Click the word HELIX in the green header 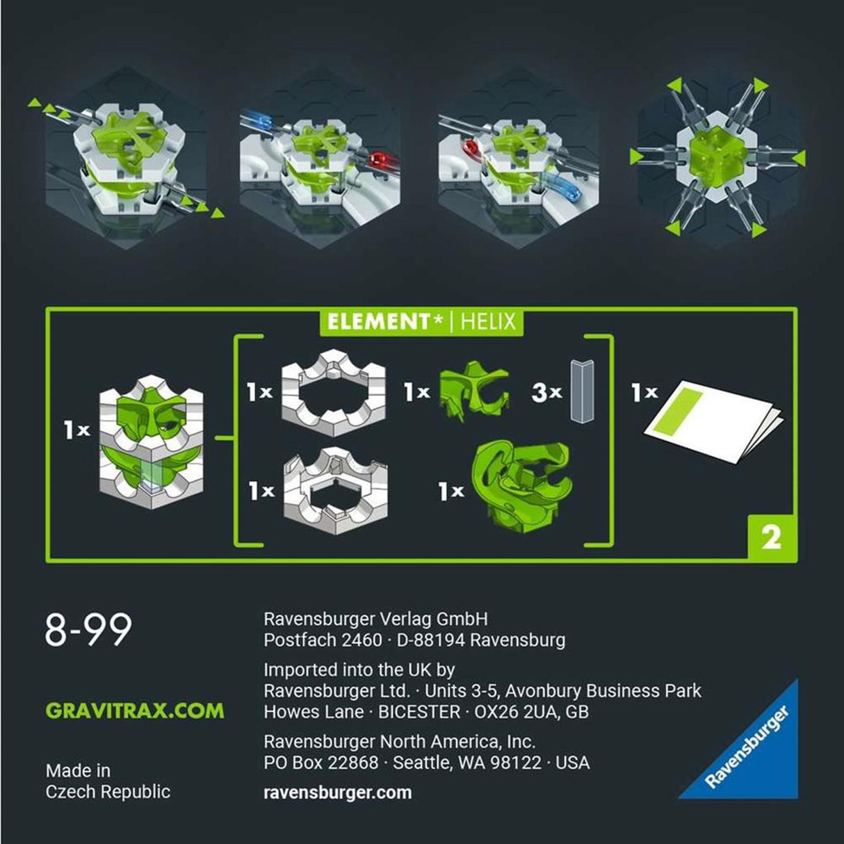(489, 322)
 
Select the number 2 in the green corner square (771, 537)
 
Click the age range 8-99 (88, 630)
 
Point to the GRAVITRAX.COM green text (135, 711)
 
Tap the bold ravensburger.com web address (337, 793)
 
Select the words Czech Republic (108, 792)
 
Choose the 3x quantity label (546, 393)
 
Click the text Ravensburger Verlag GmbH (375, 619)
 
